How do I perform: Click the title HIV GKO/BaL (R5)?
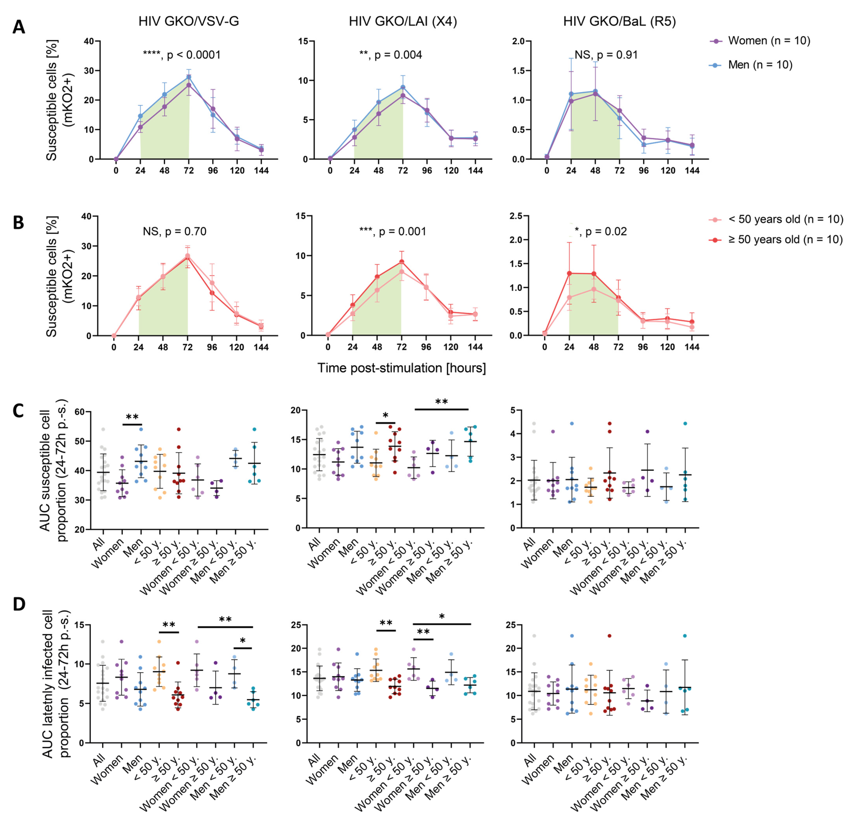(x=619, y=21)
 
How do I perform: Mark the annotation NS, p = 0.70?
(x=175, y=231)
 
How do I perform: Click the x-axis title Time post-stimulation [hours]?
(x=401, y=368)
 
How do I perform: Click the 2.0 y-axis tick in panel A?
(x=522, y=41)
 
